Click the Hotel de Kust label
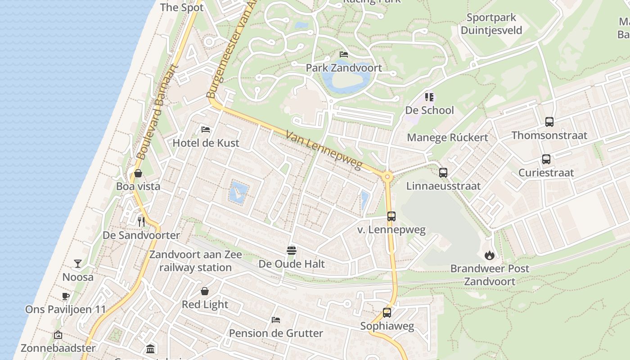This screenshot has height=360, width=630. pos(206,143)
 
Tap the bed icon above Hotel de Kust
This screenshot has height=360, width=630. pos(206,130)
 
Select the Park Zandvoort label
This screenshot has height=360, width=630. pos(344,68)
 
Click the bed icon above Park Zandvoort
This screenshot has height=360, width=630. pos(344,54)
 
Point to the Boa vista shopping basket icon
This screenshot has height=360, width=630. pos(138,173)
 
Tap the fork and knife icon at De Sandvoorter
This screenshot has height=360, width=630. pos(141,221)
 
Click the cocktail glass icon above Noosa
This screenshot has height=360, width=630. pos(78,264)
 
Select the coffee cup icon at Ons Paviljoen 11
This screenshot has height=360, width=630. pos(66,296)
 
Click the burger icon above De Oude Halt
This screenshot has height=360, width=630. pos(291,250)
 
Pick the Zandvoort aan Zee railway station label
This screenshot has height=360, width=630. pos(195,261)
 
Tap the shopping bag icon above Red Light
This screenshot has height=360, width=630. pos(205,291)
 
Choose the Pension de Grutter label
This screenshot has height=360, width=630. pos(276,333)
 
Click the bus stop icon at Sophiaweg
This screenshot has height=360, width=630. pos(387,313)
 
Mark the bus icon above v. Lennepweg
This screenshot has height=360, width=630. pos(391,216)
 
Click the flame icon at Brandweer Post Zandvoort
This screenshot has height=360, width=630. pos(490,255)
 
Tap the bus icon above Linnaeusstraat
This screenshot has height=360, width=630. pos(443,172)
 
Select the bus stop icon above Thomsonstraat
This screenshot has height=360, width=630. pos(549,122)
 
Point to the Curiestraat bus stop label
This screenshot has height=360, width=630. pos(546,173)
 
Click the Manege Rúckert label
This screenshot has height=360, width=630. pos(447,138)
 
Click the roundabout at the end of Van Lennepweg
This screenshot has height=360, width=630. pos(387,177)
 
